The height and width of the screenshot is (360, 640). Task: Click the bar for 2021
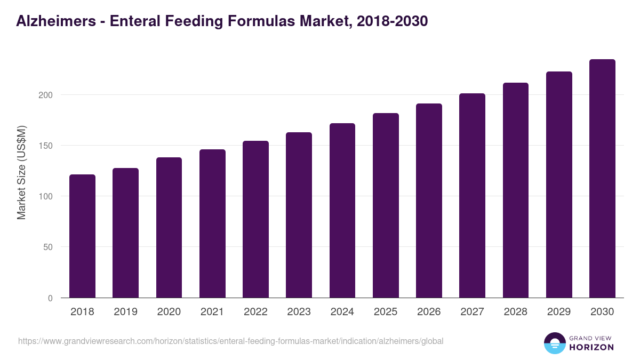coord(212,224)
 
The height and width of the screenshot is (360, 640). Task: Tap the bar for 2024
coord(342,211)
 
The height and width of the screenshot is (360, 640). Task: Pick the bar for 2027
coord(472,196)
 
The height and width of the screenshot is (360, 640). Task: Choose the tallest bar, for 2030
coord(602,179)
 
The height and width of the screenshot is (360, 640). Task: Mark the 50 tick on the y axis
coord(49,247)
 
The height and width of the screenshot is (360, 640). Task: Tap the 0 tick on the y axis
coord(51,298)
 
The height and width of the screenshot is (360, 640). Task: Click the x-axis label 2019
coord(125,312)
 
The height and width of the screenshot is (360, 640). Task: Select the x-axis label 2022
coord(255,312)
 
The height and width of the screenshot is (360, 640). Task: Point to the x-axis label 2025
coord(386,312)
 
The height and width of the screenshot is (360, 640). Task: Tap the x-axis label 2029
coord(559,312)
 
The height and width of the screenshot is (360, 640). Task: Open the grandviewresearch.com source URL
coord(230,341)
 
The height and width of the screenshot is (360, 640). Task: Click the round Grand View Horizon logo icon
coord(554,343)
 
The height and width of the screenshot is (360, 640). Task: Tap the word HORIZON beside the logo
coord(591,347)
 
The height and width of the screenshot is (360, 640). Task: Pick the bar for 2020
coord(169,228)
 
